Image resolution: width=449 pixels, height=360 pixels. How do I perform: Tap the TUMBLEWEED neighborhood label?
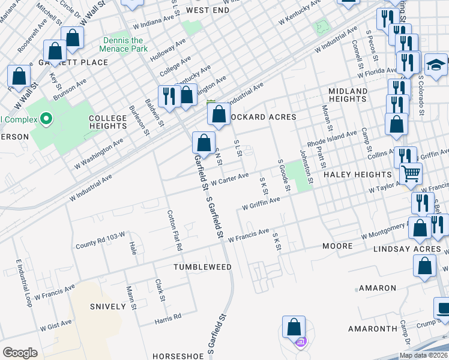(203, 266)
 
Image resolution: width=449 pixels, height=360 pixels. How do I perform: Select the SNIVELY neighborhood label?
(108, 306)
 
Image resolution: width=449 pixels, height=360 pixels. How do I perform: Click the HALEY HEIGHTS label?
(358, 174)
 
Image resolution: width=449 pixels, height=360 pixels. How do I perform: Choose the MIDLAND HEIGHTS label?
(348, 95)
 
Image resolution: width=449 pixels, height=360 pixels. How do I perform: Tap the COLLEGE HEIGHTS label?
(108, 123)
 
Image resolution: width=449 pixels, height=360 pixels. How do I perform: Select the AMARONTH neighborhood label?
(373, 329)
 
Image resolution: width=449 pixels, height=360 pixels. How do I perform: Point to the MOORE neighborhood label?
(337, 247)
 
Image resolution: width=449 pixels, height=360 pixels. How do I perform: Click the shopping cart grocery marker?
(411, 174)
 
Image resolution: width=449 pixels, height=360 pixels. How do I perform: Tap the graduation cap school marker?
(436, 64)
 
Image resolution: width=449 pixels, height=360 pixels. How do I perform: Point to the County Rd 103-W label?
(100, 243)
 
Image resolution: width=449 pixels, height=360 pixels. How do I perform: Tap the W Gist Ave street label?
(56, 325)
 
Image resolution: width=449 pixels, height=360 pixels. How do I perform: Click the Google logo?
(20, 353)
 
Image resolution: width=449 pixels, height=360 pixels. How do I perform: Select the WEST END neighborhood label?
(208, 10)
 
